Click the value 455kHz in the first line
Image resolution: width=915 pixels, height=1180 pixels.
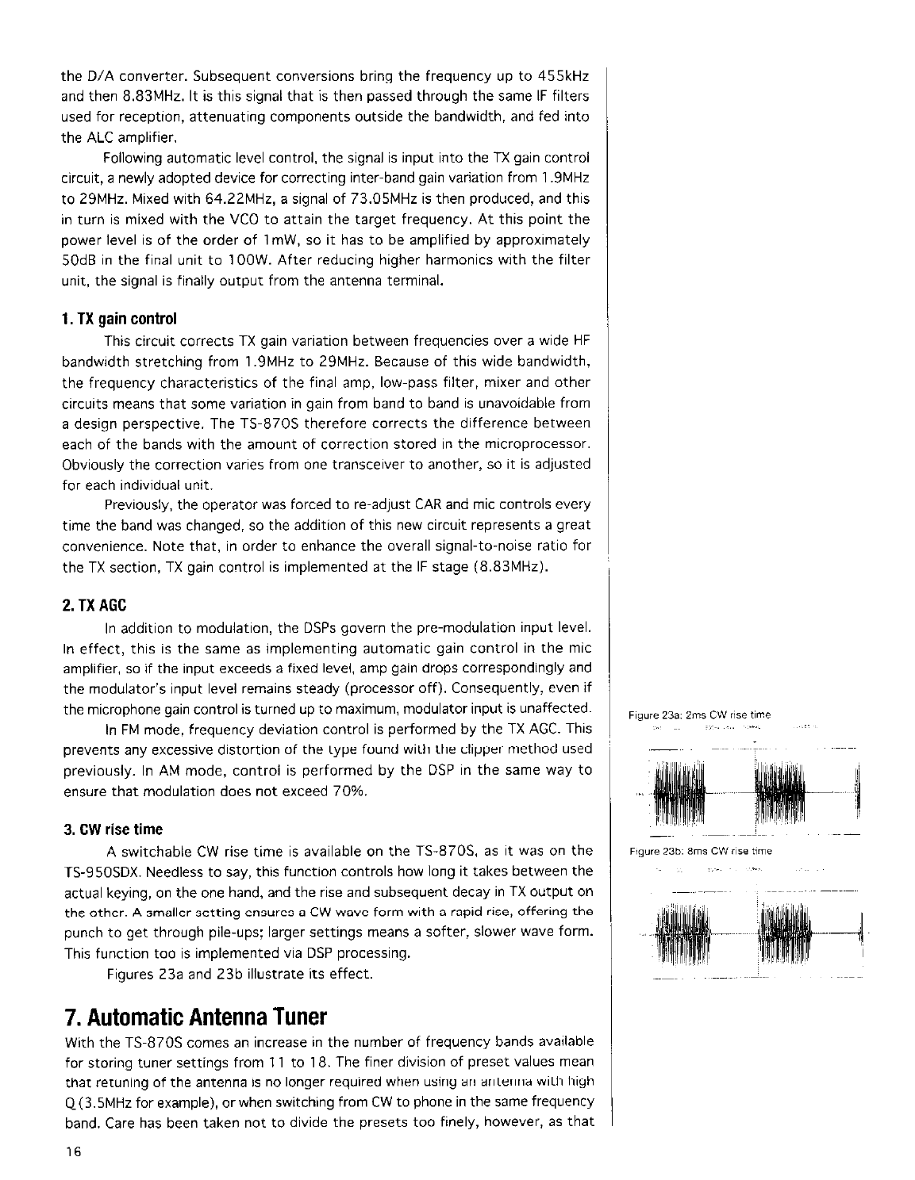(563, 77)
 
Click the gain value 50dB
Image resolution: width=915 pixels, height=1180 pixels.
(78, 260)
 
